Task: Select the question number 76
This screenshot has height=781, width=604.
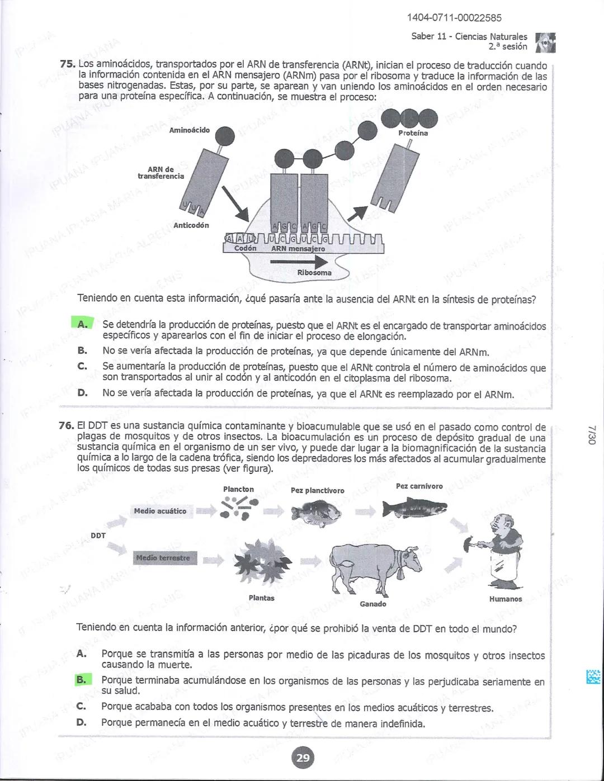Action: [67, 426]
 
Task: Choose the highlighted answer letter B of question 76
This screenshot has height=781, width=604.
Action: [82, 680]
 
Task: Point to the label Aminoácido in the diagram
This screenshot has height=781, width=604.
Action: [190, 130]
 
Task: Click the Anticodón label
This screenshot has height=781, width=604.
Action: [191, 225]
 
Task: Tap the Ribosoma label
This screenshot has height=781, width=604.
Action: [314, 273]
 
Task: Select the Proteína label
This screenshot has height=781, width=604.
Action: [413, 134]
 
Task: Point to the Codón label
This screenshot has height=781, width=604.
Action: [245, 248]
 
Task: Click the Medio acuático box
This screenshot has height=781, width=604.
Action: [160, 511]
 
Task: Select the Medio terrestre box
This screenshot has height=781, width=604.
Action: [163, 558]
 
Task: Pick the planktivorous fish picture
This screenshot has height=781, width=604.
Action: [315, 512]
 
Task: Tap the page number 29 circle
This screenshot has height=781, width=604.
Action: [303, 758]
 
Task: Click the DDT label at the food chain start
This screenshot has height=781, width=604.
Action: [98, 535]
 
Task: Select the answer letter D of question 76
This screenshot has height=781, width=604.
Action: [82, 722]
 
